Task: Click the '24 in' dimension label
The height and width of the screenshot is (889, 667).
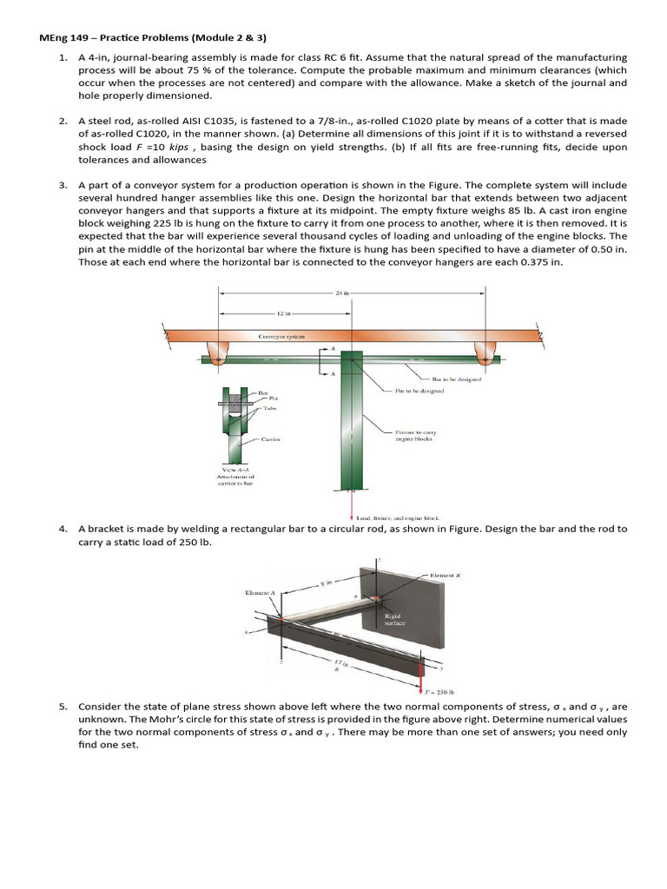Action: [x=340, y=293]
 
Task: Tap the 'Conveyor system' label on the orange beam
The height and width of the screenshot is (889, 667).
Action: [x=281, y=335]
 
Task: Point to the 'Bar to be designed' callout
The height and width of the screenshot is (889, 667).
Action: [x=457, y=379]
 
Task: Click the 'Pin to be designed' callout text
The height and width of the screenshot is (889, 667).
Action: [x=419, y=392]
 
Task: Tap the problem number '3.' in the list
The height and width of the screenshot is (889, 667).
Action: [x=63, y=186]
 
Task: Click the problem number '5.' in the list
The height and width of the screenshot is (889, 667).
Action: [x=63, y=707]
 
